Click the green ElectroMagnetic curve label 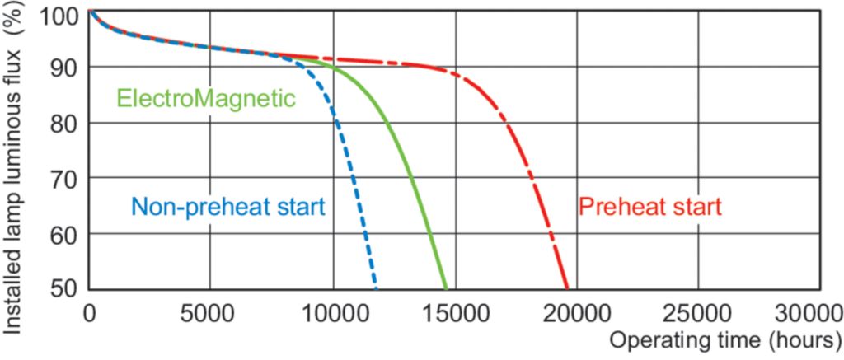pyautogui.click(x=205, y=99)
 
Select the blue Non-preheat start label pyautogui.click(x=227, y=207)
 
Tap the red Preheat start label pyautogui.click(x=650, y=207)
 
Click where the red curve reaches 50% pyautogui.click(x=567, y=288)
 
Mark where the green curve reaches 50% pyautogui.click(x=447, y=288)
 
